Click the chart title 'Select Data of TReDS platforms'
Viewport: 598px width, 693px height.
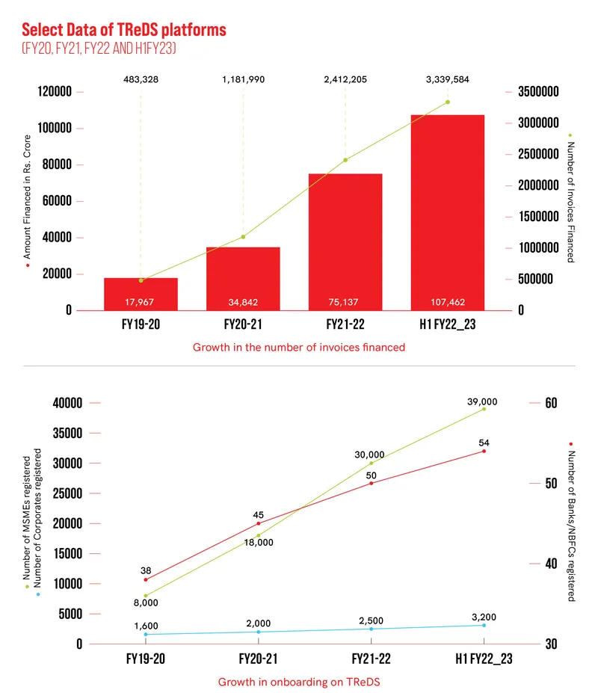123,30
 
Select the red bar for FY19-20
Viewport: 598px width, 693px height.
141,293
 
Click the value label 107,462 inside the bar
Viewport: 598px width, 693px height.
447,302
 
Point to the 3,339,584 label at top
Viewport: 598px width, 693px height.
447,79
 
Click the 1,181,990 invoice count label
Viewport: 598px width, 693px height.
243,79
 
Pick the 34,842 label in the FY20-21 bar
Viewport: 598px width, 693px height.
243,302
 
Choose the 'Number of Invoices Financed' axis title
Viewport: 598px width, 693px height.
570,202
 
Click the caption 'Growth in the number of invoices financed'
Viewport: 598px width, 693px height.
299,347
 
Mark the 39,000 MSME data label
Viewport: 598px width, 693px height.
483,401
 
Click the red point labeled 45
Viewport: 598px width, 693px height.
259,523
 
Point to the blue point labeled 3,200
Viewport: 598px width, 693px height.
484,625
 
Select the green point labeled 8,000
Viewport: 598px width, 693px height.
146,596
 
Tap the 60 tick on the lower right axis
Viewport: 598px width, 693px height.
552,403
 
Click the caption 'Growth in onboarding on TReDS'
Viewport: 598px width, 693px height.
299,682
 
